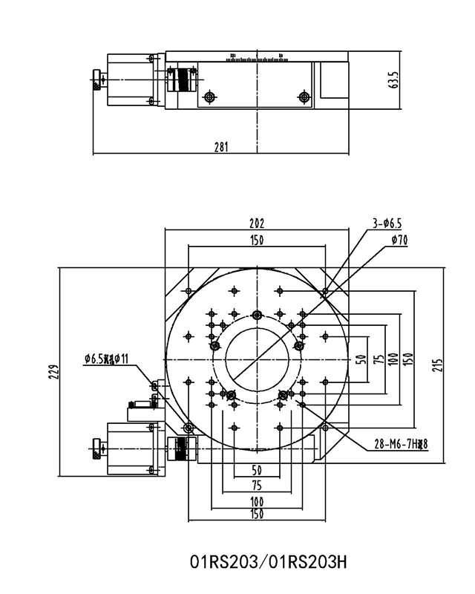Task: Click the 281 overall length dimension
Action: pyautogui.click(x=220, y=147)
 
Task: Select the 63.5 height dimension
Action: pyautogui.click(x=393, y=79)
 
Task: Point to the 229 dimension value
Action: pyautogui.click(x=52, y=371)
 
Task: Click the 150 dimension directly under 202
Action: pyautogui.click(x=257, y=240)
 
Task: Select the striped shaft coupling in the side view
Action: pyautogui.click(x=181, y=79)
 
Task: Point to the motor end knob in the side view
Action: pyautogui.click(x=97, y=79)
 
